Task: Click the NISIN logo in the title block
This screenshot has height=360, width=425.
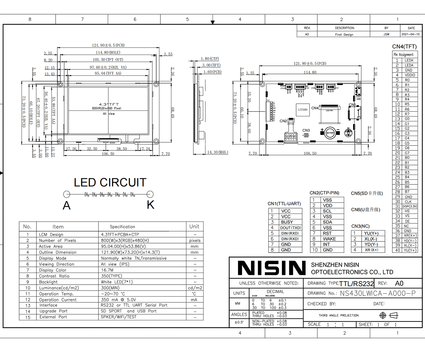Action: coord(271,268)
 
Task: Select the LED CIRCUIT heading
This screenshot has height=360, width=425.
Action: coord(110,183)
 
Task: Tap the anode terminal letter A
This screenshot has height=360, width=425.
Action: coord(67,205)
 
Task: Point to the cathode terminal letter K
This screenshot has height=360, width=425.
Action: coord(151,205)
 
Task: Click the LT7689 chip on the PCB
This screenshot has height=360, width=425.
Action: coord(303,110)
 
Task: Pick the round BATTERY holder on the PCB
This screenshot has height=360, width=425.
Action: coord(330,133)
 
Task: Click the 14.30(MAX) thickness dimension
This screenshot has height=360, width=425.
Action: coord(217,152)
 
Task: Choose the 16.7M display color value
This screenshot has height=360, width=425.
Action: coord(107,270)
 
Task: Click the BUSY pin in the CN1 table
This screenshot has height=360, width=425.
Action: coord(287,222)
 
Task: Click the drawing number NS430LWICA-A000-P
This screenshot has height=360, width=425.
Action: coord(378,293)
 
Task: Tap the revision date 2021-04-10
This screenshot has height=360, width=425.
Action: coord(411,34)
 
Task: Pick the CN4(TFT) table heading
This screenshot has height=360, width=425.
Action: coord(404,46)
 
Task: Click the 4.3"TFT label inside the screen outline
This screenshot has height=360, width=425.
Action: coord(109,104)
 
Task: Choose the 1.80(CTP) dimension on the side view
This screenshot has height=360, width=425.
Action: coord(210,59)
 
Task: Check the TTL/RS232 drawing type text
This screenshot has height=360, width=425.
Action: coord(357,284)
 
